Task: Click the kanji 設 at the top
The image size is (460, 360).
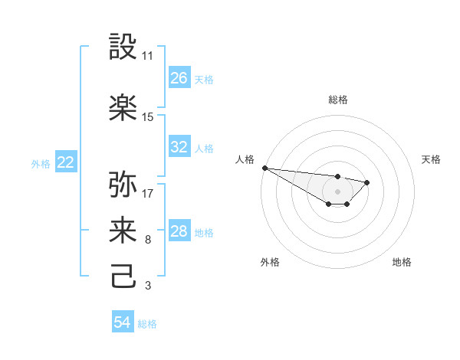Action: click(x=123, y=47)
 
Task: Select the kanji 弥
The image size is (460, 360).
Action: click(x=123, y=185)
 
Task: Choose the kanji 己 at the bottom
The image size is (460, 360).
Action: click(x=123, y=275)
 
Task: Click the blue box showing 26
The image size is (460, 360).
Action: click(x=179, y=78)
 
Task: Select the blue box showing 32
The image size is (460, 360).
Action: click(x=179, y=148)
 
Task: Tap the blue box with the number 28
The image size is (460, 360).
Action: click(x=179, y=232)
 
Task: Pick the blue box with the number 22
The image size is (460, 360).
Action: click(x=66, y=162)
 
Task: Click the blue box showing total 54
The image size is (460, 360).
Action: click(x=123, y=323)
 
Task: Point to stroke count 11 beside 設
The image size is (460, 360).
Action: click(x=147, y=57)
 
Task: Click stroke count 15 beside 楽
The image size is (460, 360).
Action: click(x=147, y=117)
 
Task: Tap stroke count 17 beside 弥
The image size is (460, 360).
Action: click(x=147, y=194)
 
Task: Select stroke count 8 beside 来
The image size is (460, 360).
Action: click(x=147, y=240)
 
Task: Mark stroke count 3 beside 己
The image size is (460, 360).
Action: click(x=147, y=286)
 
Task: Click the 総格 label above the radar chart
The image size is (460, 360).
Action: click(x=337, y=100)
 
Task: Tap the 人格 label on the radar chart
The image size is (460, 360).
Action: click(x=244, y=159)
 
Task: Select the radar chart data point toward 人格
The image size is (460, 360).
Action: click(x=264, y=168)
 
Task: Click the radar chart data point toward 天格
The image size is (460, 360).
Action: click(x=367, y=182)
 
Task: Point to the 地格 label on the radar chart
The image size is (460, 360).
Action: click(x=402, y=262)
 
